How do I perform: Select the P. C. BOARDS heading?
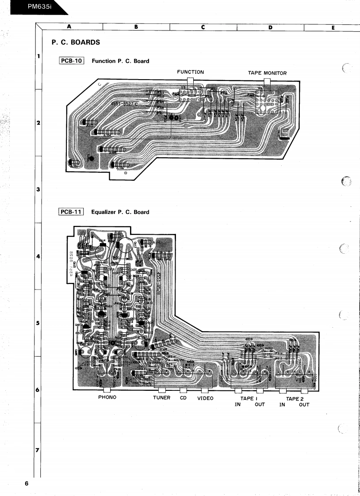[x=76, y=42]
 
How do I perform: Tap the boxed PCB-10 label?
[x=71, y=61]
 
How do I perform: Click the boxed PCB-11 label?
[x=71, y=212]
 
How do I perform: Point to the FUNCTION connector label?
[x=190, y=72]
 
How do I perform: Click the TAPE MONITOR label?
[x=267, y=73]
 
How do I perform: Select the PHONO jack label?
[x=107, y=397]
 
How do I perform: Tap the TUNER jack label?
[x=161, y=398]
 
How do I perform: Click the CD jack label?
[x=184, y=398]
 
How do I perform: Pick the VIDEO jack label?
[x=205, y=398]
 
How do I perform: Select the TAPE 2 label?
[x=295, y=398]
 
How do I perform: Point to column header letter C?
[x=203, y=27]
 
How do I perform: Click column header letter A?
[x=69, y=27]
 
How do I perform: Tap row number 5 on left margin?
[x=38, y=323]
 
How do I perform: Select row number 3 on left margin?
[x=38, y=190]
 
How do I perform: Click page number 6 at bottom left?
[x=27, y=484]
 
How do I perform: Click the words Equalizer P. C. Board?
[x=120, y=212]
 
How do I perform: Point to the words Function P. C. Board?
[x=120, y=61]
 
